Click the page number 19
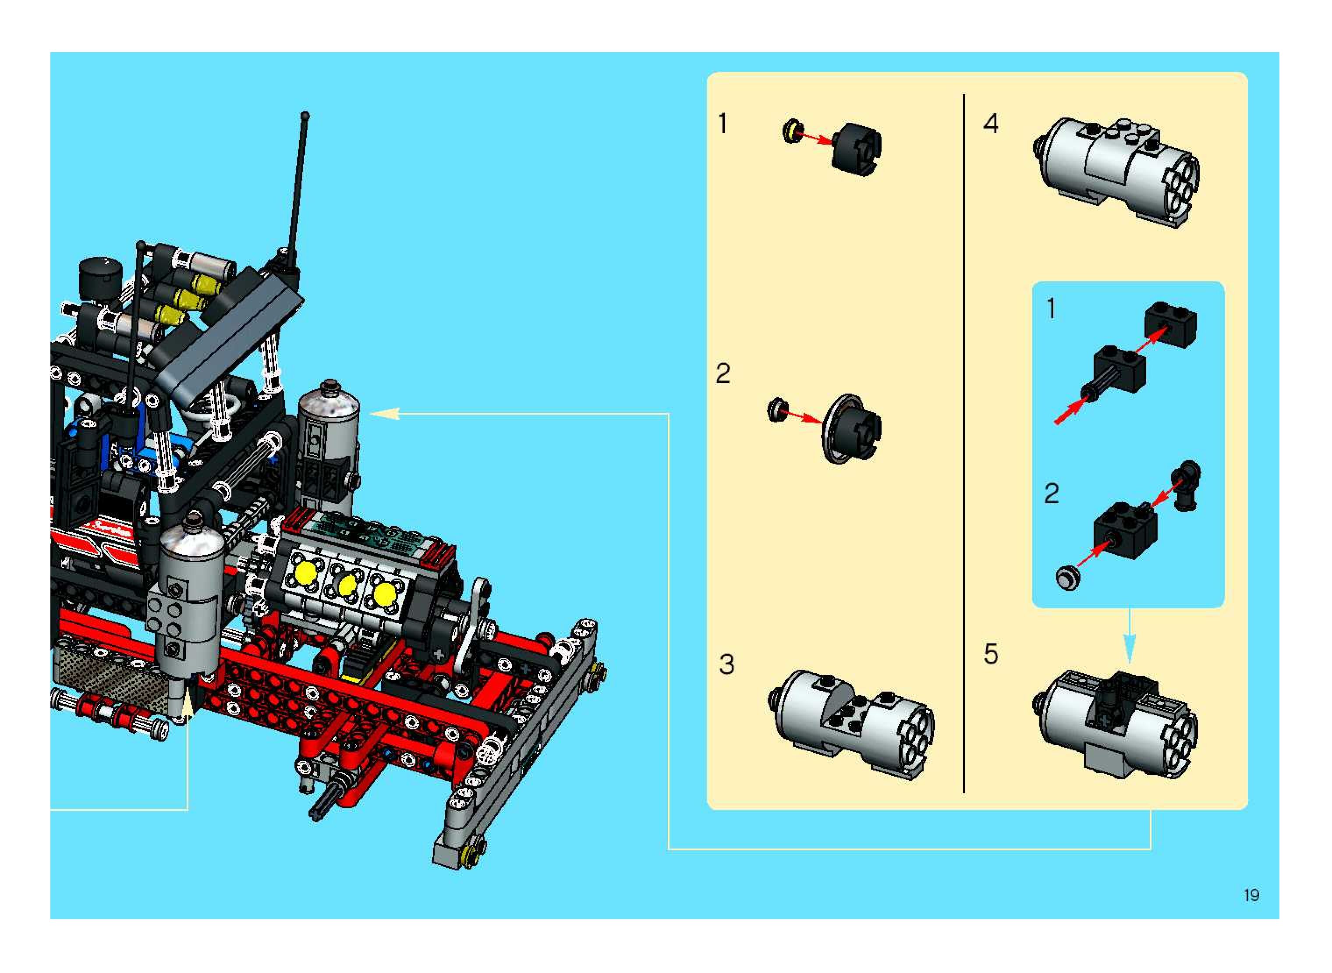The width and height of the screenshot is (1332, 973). tap(1251, 895)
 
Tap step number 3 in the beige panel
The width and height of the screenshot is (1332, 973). tap(726, 664)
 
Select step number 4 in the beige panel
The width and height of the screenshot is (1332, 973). tap(991, 124)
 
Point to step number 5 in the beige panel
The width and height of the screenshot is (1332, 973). tap(991, 654)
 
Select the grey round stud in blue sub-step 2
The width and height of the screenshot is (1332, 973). tap(1068, 577)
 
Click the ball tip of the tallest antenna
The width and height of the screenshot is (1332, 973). tap(305, 116)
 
